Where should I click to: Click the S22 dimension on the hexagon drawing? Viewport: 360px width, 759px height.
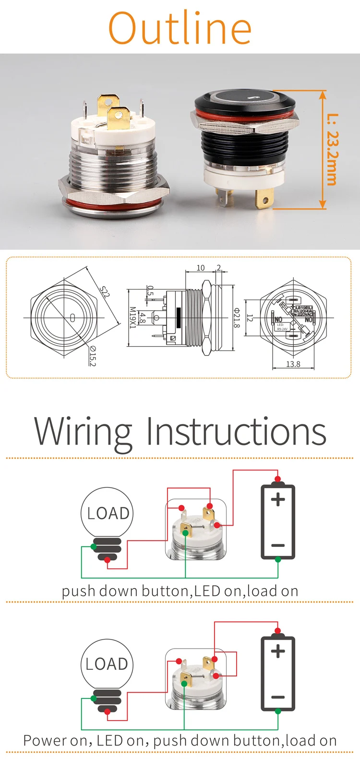pos(105,291)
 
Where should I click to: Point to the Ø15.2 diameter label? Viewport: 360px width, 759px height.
pos(92,356)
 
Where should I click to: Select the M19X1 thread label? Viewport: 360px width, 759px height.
pos(132,318)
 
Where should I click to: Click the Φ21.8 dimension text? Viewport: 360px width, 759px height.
pos(236,318)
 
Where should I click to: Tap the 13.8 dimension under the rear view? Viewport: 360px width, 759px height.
pos(293,364)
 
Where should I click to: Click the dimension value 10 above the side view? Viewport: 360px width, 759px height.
pos(201,268)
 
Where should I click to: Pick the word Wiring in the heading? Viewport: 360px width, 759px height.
pos(83,431)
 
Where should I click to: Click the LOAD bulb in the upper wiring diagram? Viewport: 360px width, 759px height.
pos(107,513)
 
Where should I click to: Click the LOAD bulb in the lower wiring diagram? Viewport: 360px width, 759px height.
pos(107,664)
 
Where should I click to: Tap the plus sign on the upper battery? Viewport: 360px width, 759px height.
pos(278,500)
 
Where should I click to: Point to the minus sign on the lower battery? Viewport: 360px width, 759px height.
pos(278,697)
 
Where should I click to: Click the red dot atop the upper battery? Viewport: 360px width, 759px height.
pos(277,479)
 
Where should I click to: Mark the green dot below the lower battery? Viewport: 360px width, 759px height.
pos(278,711)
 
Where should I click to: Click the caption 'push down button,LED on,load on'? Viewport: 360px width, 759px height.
pos(180,591)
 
